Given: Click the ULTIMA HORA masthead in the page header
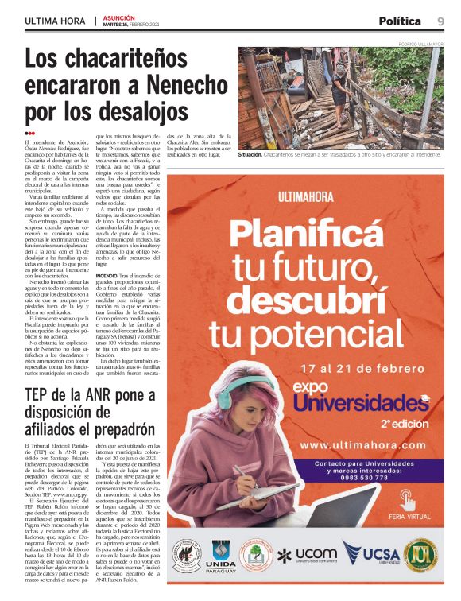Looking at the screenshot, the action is point(55,21).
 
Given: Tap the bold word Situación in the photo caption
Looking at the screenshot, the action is point(255,155).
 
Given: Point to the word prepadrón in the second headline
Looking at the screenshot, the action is point(112,433).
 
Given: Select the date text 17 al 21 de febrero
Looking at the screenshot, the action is point(365,369).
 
